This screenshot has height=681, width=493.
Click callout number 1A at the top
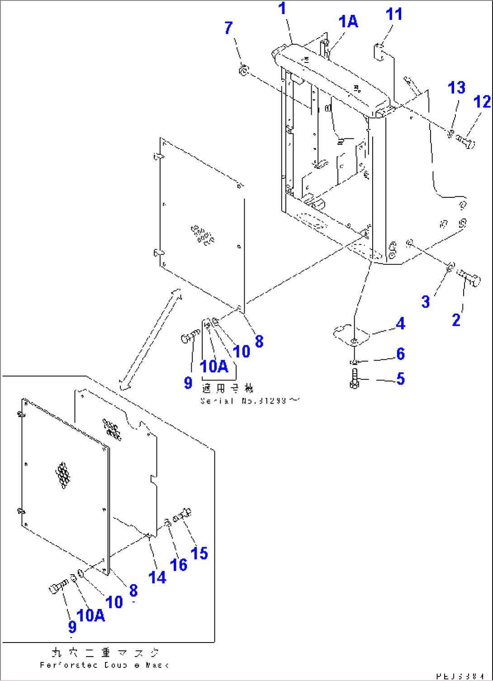(348, 21)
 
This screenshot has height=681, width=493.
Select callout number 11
(393, 14)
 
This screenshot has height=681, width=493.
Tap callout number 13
(456, 87)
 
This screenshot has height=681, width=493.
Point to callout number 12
(482, 102)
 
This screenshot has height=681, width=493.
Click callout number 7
(229, 28)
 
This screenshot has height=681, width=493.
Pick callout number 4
(400, 324)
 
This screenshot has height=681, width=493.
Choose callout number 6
(400, 354)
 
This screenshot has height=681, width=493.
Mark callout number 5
(400, 379)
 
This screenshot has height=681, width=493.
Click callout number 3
(425, 301)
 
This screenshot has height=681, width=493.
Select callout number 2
(456, 320)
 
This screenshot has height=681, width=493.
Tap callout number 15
(199, 553)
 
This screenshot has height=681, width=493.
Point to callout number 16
(179, 564)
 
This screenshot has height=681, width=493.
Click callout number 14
(157, 577)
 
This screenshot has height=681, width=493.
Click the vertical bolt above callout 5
(354, 378)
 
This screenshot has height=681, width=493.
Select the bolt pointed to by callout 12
(466, 142)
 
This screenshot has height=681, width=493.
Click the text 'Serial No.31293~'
(250, 401)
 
